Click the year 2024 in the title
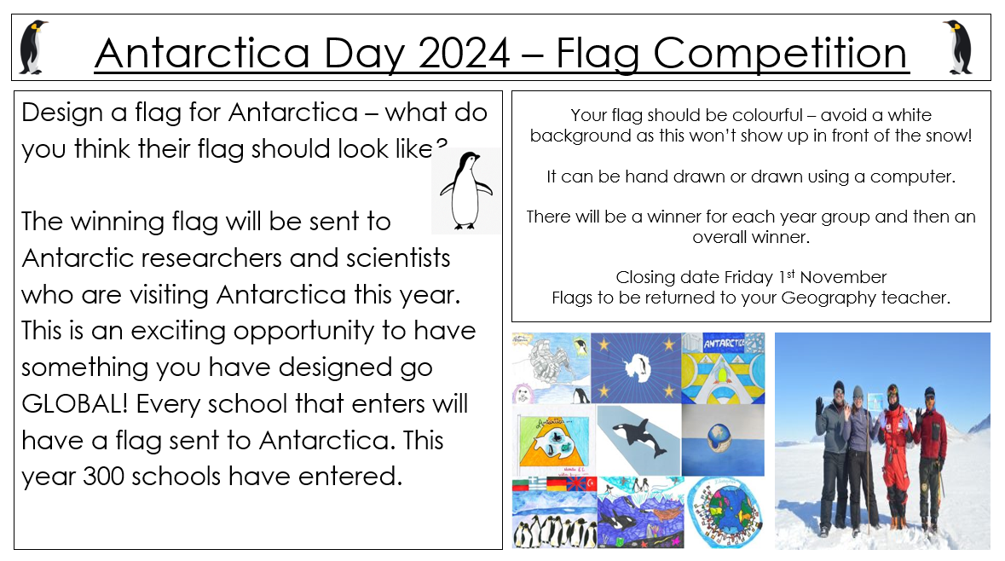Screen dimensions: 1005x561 (465, 53)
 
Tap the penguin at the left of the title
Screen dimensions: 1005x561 (32, 48)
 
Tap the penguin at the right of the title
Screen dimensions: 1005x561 (959, 48)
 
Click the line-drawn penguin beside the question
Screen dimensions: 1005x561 (466, 190)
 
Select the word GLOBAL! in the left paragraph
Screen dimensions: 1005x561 (75, 404)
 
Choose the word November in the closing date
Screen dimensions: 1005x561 (843, 277)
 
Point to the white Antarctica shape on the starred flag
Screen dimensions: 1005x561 (637, 367)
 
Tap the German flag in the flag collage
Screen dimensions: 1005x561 (557, 484)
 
